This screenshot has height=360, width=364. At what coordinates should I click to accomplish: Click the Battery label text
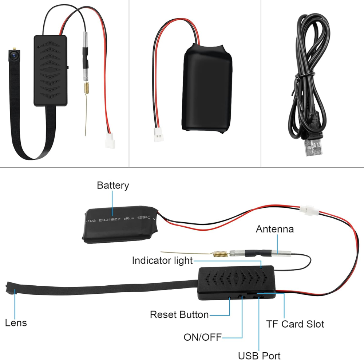point(113,185)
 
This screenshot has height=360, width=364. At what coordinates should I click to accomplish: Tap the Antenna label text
point(274,229)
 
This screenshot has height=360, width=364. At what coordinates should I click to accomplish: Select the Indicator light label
point(162,261)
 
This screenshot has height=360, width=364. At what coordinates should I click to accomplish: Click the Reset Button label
point(179,315)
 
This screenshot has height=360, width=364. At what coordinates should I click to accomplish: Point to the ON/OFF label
point(202,337)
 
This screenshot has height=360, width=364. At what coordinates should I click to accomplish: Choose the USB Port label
point(259,356)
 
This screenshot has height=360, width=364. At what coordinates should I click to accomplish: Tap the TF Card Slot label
point(295,324)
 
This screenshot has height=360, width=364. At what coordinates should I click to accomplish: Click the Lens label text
point(16,323)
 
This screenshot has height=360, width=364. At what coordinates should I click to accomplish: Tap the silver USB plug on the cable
point(314,148)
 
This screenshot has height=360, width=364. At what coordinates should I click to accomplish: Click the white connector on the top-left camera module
point(110,141)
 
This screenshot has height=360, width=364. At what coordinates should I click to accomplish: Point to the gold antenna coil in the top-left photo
point(86,88)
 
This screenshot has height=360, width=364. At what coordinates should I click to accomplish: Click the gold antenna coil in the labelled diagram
point(220,254)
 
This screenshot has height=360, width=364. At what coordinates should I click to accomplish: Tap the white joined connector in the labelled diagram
point(309,210)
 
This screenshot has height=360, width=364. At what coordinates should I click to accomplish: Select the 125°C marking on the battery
point(143,218)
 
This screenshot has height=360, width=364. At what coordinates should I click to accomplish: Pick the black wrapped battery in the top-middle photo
point(207,88)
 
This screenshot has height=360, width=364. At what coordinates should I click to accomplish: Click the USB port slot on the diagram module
point(258,297)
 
